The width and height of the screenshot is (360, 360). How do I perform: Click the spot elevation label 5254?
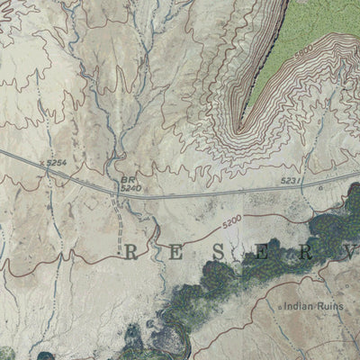tap(57, 161)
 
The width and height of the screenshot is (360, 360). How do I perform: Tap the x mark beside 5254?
tap(42, 164)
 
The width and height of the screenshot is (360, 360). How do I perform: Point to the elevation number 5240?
tap(131, 188)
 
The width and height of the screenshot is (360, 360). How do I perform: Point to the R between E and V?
tap(305, 251)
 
